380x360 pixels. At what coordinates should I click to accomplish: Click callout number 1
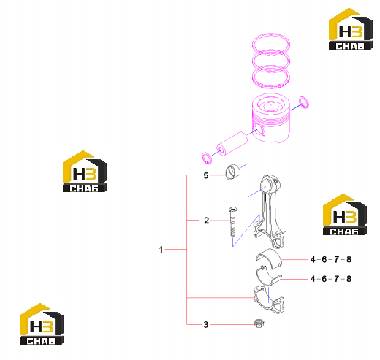coord(161,250)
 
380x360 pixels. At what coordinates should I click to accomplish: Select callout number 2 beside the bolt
coord(206,221)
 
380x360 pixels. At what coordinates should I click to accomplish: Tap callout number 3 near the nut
coord(206,324)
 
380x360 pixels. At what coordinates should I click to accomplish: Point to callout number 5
coord(206,175)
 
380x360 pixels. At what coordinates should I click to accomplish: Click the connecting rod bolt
coord(232,221)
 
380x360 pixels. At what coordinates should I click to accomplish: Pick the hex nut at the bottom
coord(259,323)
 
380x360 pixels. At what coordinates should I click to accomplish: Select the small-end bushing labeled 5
coord(233,172)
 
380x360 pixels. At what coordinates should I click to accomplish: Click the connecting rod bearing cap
coord(268,300)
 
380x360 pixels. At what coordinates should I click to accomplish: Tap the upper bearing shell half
coord(268,258)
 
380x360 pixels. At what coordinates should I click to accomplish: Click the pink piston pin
coord(232,144)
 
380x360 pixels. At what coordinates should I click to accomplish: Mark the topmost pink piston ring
coord(271,43)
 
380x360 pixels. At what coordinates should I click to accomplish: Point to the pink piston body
coord(271,118)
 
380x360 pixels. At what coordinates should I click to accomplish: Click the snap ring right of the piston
coord(304,102)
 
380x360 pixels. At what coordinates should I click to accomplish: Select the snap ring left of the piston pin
coord(207,158)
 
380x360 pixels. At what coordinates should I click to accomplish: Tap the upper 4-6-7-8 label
coord(331,259)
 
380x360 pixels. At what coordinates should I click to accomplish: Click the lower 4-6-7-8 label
coord(331,279)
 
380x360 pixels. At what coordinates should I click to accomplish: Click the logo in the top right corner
coord(351,29)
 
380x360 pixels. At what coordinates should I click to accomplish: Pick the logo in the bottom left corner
coord(42,324)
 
